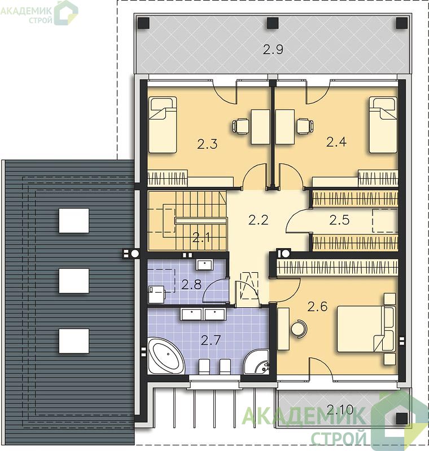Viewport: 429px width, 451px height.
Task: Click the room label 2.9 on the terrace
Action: click(273, 50)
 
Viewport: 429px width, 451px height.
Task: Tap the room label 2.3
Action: click(207, 144)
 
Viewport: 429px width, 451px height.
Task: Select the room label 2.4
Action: click(336, 142)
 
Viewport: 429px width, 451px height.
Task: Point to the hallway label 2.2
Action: click(259, 220)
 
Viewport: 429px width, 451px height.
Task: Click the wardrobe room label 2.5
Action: click(339, 220)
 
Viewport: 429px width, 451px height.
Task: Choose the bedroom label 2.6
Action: click(318, 307)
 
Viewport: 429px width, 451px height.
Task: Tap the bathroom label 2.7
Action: click(211, 341)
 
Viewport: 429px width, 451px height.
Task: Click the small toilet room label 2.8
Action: click(191, 285)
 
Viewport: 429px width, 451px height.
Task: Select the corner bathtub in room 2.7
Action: click(166, 356)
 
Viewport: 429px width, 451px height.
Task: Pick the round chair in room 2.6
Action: click(299, 328)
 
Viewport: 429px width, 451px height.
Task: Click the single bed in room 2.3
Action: click(163, 125)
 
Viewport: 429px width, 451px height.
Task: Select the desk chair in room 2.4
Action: click(305, 126)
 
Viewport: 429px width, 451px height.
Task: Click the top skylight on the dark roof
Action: click(74, 220)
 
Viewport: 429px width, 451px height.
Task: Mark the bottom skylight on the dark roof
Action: click(74, 341)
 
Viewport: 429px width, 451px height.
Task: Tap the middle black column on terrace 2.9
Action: click(273, 23)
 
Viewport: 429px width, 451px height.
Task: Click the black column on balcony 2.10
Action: click(402, 418)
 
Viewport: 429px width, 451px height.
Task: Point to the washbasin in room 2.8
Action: click(204, 264)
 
